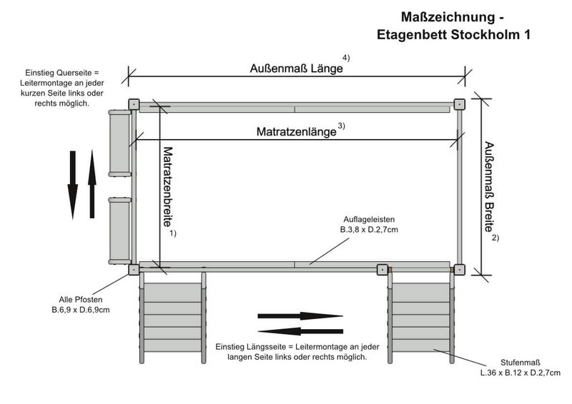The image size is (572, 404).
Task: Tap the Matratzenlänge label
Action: pyautogui.click(x=296, y=132)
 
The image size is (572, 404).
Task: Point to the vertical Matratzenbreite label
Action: pyautogui.click(x=168, y=188)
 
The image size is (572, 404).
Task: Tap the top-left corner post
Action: pyautogui.click(x=134, y=104)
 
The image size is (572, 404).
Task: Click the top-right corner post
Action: pyautogui.click(x=459, y=104)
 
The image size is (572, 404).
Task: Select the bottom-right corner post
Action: pyautogui.click(x=459, y=269)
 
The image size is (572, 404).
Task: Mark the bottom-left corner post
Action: pyautogui.click(x=134, y=269)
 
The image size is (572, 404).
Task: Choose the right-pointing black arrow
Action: pyautogui.click(x=300, y=315)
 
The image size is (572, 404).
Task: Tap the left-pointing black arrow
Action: pyautogui.click(x=300, y=330)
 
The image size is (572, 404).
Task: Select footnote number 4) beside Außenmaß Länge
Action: pyautogui.click(x=346, y=59)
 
